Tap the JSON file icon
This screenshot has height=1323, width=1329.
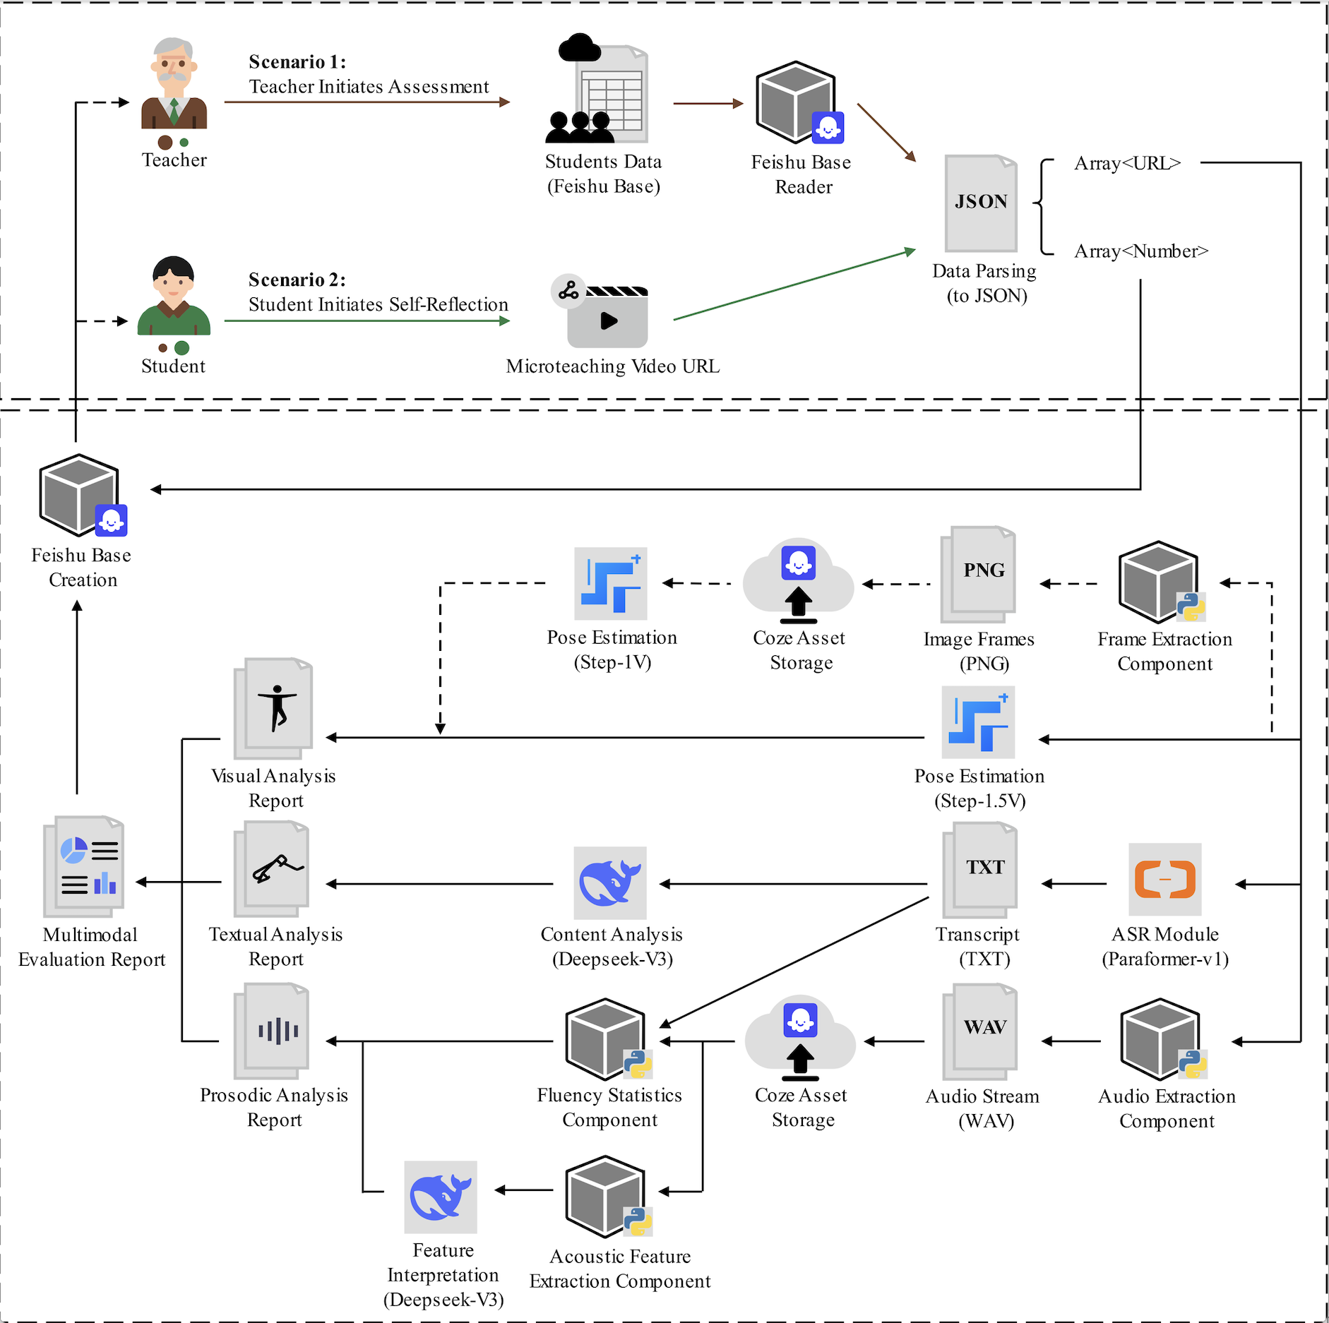point(981,203)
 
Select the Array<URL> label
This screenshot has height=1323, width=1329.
point(1127,163)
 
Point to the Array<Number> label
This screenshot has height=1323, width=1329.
point(1141,251)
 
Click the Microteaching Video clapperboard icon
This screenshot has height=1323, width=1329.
point(600,311)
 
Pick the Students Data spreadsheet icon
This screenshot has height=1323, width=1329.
point(597,88)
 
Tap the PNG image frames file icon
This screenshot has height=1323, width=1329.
point(978,574)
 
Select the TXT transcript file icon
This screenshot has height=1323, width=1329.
point(980,870)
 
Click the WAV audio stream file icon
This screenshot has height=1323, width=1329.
point(980,1031)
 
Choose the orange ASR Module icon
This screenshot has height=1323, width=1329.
point(1165,880)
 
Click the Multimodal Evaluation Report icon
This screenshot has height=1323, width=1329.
point(84,866)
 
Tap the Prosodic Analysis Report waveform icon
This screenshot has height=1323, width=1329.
point(272,1031)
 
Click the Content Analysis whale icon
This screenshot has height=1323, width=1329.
point(610,882)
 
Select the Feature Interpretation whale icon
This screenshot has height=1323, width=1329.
point(441,1197)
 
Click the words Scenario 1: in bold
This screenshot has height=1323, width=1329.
point(297,62)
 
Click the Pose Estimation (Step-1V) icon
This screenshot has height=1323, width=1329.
point(611,584)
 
